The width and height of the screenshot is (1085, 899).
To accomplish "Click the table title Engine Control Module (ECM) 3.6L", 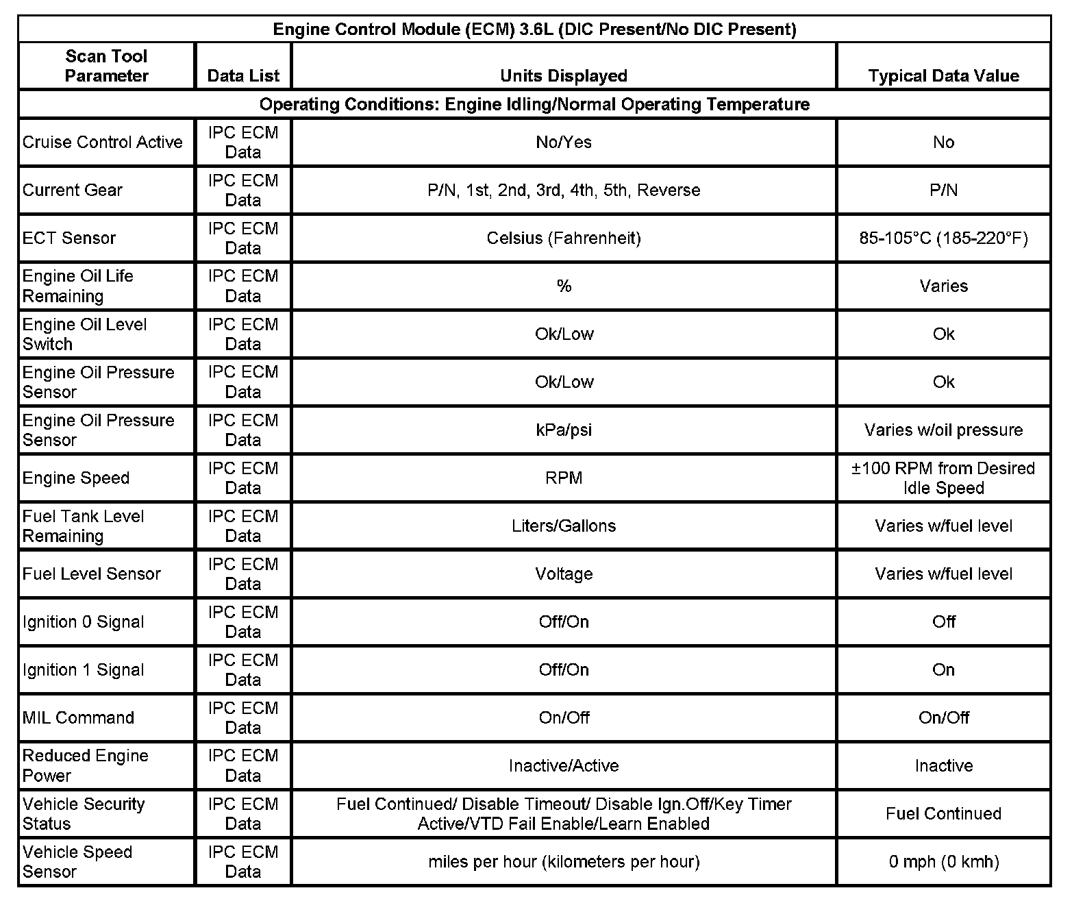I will pyautogui.click(x=534, y=29).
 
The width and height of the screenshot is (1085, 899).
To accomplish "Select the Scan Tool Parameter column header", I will pyautogui.click(x=106, y=66).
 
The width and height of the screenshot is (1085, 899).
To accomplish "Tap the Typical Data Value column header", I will pyautogui.click(x=943, y=75).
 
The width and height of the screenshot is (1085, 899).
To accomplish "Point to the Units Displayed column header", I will pyautogui.click(x=563, y=75).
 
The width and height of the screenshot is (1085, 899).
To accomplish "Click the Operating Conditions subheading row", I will pyautogui.click(x=534, y=104).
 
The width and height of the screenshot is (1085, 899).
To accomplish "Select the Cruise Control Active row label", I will pyautogui.click(x=103, y=142).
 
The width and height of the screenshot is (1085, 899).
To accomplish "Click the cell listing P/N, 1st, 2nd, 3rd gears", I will pyautogui.click(x=563, y=190).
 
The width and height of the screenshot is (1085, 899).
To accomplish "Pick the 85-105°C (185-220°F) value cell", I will pyautogui.click(x=943, y=238).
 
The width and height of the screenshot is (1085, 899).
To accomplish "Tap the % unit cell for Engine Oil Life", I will pyautogui.click(x=563, y=286).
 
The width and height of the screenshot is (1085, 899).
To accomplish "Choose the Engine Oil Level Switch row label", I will pyautogui.click(x=85, y=334).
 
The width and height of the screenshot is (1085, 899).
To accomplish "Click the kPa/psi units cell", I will pyautogui.click(x=563, y=430).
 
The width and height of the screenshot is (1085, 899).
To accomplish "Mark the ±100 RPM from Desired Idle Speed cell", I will pyautogui.click(x=943, y=478).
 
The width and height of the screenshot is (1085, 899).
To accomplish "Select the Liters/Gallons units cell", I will pyautogui.click(x=563, y=526).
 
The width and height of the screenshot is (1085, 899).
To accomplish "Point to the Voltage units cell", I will pyautogui.click(x=563, y=574).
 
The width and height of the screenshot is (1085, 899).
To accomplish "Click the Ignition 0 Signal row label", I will pyautogui.click(x=84, y=621).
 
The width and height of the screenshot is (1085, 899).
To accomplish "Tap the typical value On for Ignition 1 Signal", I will pyautogui.click(x=943, y=669).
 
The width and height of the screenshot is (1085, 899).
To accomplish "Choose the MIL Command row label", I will pyautogui.click(x=78, y=717).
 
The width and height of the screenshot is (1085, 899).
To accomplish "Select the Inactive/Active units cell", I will pyautogui.click(x=563, y=765).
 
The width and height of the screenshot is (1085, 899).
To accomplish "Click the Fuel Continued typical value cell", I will pyautogui.click(x=943, y=813).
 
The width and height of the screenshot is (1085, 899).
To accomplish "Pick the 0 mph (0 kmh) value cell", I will pyautogui.click(x=943, y=861).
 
